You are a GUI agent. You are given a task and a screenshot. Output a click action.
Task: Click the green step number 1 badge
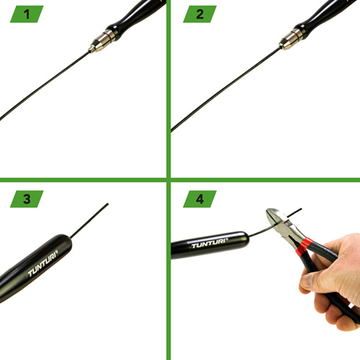click(27, 14)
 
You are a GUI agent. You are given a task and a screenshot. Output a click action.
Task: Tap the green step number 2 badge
click(199, 14)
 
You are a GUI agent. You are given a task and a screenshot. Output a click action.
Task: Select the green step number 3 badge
click(27, 199)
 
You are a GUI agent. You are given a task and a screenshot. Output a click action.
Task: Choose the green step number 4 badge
click(199, 199)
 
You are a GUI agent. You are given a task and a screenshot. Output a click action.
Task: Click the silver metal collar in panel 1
click(102, 41)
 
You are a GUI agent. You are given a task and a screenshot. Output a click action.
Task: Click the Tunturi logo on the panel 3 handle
click(42, 264)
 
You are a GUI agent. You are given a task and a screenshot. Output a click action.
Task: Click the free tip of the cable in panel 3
click(108, 204)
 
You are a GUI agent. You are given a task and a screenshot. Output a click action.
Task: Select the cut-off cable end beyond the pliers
click(294, 212)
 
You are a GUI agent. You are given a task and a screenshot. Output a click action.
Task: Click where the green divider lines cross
click(168, 180)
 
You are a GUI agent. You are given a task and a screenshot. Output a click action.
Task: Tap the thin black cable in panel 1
click(45, 86)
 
